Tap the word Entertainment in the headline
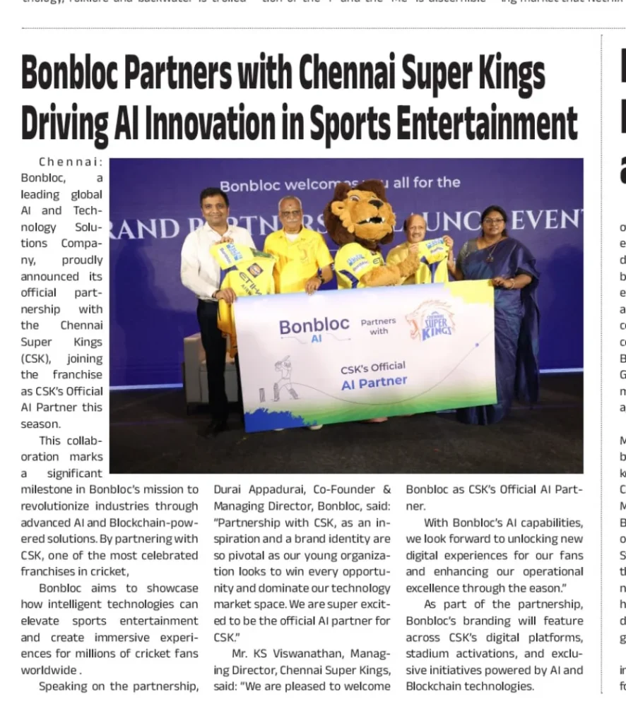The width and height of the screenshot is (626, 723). click(486, 124)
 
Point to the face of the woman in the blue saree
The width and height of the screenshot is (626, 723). click(493, 225)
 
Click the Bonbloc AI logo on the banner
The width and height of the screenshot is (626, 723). click(314, 330)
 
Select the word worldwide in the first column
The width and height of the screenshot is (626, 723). click(49, 670)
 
